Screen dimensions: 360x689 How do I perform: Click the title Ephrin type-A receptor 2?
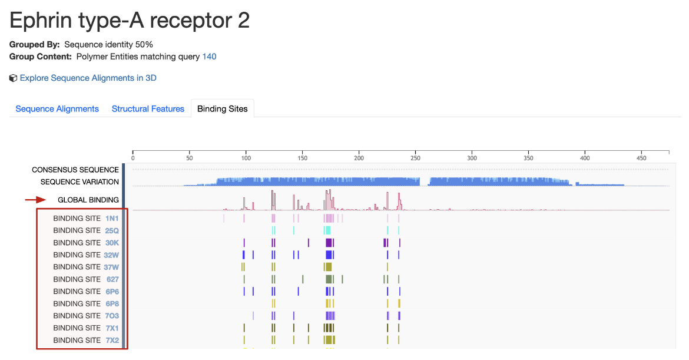coord(130,20)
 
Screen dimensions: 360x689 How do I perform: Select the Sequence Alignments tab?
coord(57,109)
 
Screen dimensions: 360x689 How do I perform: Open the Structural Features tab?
coord(148,109)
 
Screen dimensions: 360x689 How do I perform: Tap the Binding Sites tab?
coord(222,109)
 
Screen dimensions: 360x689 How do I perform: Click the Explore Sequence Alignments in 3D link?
coord(88,78)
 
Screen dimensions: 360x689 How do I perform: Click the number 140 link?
coord(209,57)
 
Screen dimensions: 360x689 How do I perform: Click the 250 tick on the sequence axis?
coord(416,158)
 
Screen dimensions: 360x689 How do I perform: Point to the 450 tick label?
coord(641,158)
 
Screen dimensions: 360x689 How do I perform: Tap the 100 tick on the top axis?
coord(246,158)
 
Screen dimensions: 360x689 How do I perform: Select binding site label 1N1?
coord(112,219)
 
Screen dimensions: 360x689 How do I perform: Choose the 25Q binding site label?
coord(112,231)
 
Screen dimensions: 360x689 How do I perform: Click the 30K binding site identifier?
coord(112,243)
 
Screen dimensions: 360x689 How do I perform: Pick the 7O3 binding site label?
coord(112,316)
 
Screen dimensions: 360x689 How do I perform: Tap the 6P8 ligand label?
coord(112,303)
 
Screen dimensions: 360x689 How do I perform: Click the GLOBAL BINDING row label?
coord(88,200)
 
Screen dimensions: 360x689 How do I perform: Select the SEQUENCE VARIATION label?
coord(79,182)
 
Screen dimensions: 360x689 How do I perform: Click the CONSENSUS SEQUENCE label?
coord(75,170)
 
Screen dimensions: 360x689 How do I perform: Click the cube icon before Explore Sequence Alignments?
coord(13,78)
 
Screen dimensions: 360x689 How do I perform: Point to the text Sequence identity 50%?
coord(108,45)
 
